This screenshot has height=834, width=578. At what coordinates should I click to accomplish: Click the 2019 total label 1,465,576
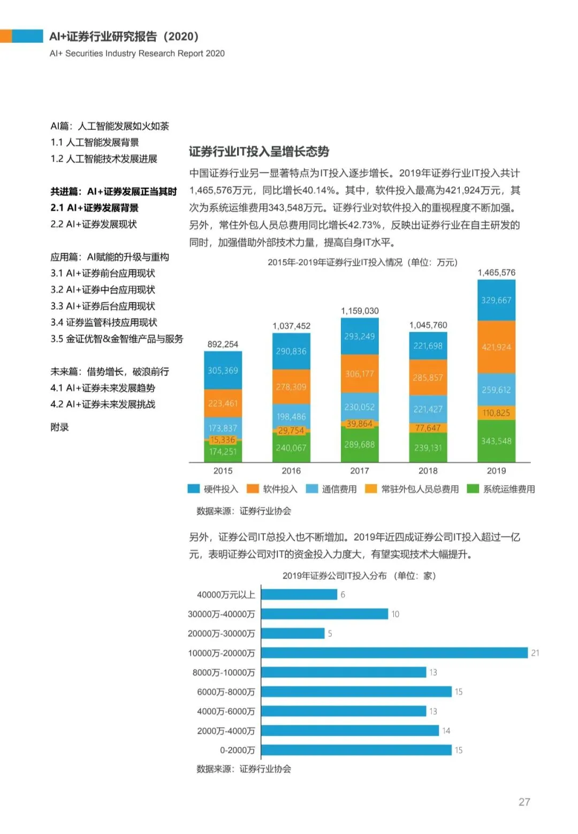(496, 273)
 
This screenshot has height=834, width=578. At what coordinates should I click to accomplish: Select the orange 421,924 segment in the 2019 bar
(496, 347)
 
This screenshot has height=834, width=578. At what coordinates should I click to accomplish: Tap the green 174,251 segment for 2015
(223, 452)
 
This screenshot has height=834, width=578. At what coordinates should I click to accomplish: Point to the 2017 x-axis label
(360, 471)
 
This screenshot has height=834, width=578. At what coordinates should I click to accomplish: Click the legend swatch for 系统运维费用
(473, 489)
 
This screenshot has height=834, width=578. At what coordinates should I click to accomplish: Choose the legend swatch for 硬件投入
(193, 489)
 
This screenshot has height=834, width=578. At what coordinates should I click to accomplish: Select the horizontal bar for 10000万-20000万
(394, 653)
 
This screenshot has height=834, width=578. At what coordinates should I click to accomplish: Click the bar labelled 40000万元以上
(299, 594)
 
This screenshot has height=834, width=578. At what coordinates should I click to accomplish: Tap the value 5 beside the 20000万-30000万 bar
(330, 633)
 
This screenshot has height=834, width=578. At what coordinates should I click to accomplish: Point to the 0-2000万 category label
(237, 750)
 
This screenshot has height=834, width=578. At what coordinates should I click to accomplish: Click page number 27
(524, 802)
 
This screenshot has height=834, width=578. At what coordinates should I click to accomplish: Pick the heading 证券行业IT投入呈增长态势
(259, 151)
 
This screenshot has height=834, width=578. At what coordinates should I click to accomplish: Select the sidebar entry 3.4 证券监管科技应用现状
(104, 322)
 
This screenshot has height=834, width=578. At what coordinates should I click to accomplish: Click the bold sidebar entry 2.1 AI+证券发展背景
(95, 208)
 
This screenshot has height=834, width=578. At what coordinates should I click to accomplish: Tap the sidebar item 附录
(59, 427)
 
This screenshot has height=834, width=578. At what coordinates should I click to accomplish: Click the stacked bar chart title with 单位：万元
(362, 262)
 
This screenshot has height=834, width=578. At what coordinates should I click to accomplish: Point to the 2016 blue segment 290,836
(291, 351)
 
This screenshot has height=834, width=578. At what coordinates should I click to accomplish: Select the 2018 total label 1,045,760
(428, 325)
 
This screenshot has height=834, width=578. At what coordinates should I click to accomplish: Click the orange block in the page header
(5, 36)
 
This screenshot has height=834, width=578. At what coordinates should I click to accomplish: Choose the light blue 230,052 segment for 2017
(360, 407)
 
